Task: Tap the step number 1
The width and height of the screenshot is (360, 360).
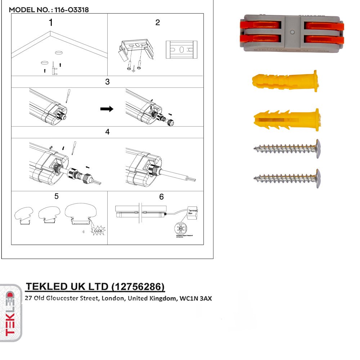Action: pyautogui.click(x=51, y=22)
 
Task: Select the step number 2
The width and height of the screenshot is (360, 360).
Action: pyautogui.click(x=157, y=22)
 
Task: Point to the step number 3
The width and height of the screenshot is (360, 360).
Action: pyautogui.click(x=107, y=82)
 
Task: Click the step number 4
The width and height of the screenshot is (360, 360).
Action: pyautogui.click(x=107, y=132)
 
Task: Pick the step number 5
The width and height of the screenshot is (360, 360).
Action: pyautogui.click(x=57, y=196)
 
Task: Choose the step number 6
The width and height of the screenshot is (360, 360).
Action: pyautogui.click(x=161, y=197)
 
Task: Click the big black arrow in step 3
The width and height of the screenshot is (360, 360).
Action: pyautogui.click(x=107, y=109)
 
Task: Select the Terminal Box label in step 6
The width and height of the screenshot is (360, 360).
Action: pyautogui.click(x=190, y=211)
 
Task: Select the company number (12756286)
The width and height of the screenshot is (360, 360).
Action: pyautogui.click(x=139, y=287)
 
